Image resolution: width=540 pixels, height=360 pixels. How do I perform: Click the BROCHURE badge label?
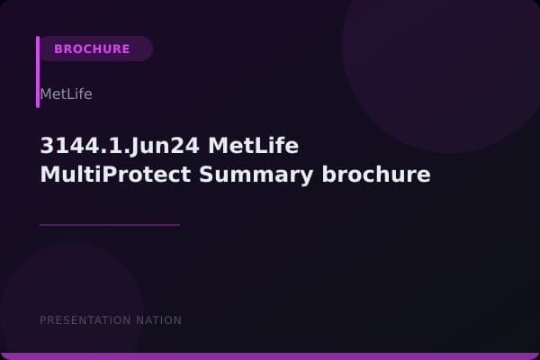pos(92,49)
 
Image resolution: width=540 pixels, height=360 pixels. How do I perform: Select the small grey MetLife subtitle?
pos(66,94)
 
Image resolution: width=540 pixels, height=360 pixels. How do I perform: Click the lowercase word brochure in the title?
pos(376,175)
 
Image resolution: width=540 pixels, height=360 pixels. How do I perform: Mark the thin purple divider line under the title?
pos(110,225)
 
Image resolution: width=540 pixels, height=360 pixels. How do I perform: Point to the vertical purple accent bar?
pos(38,72)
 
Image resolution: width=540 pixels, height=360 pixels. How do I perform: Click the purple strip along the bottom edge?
pos(270,356)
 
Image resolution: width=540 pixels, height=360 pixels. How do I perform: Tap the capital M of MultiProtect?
pos(49,175)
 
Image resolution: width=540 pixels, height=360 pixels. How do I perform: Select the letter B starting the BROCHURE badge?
pos(58,49)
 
